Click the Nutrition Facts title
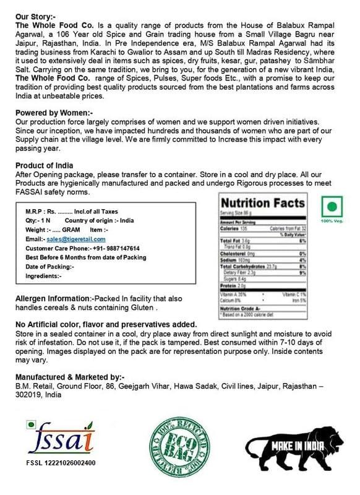263,203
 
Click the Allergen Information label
58,298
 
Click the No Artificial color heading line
106,324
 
